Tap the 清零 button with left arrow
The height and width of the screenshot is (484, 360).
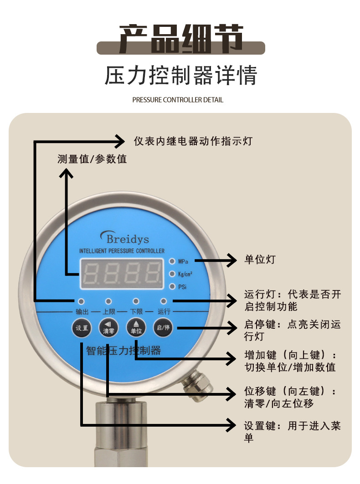pos(108,328)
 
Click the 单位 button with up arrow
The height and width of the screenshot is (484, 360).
pos(136,328)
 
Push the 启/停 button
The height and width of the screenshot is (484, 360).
pos(163,328)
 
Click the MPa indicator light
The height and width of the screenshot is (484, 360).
pos(172,261)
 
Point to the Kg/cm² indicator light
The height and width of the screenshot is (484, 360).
pos(172,274)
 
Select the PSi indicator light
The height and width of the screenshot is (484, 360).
pos(172,286)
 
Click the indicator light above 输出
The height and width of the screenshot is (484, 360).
pos(81,301)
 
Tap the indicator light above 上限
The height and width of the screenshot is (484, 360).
pos(108,301)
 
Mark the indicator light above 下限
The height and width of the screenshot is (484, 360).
pos(136,301)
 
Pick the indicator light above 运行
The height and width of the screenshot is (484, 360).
pos(163,301)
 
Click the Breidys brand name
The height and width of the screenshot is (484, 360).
pos(127,238)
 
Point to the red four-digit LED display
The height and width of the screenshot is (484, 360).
pos(122,274)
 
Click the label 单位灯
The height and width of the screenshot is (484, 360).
pos(260,260)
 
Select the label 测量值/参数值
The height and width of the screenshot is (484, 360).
pos(92,159)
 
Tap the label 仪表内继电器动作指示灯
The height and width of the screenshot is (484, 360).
pos(193,141)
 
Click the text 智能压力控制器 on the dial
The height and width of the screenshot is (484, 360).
pos(123,351)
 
